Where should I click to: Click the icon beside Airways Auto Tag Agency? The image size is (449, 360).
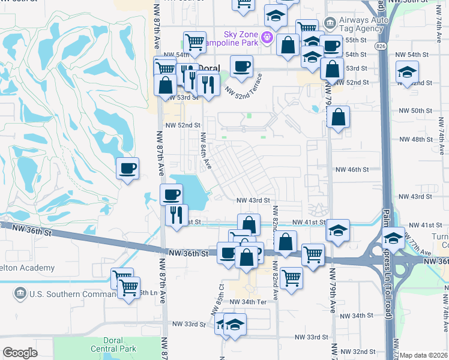[x=330, y=23]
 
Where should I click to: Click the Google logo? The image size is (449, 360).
[x=20, y=353]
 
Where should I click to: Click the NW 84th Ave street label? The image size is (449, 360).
[x=206, y=149]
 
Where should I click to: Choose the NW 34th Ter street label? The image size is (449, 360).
[x=248, y=301]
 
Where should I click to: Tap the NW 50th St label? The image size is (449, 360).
[x=415, y=110]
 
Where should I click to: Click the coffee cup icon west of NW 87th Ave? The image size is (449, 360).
[x=127, y=169]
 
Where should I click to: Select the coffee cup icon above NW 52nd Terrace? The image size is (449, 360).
[x=241, y=67]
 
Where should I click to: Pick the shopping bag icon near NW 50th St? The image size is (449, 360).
[x=339, y=118]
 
